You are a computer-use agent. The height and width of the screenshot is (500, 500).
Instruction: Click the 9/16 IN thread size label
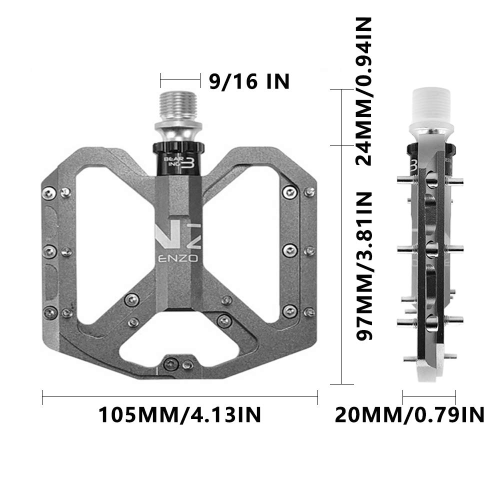click(249, 81)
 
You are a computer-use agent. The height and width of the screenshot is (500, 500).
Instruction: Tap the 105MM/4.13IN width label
click(179, 414)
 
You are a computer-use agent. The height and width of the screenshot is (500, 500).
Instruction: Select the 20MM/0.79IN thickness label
click(409, 414)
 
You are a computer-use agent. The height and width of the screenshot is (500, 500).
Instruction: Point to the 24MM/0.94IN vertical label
click(364, 91)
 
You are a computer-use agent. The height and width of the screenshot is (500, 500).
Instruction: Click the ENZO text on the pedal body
click(178, 258)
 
